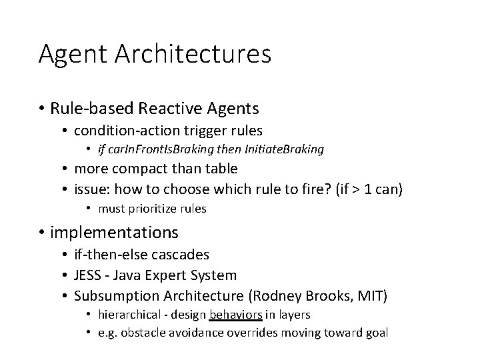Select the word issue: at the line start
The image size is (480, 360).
click(x=92, y=189)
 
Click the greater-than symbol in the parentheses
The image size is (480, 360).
click(x=358, y=189)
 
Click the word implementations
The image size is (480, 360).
click(x=114, y=232)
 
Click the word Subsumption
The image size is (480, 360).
click(x=115, y=295)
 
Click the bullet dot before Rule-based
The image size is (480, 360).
click(x=41, y=107)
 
